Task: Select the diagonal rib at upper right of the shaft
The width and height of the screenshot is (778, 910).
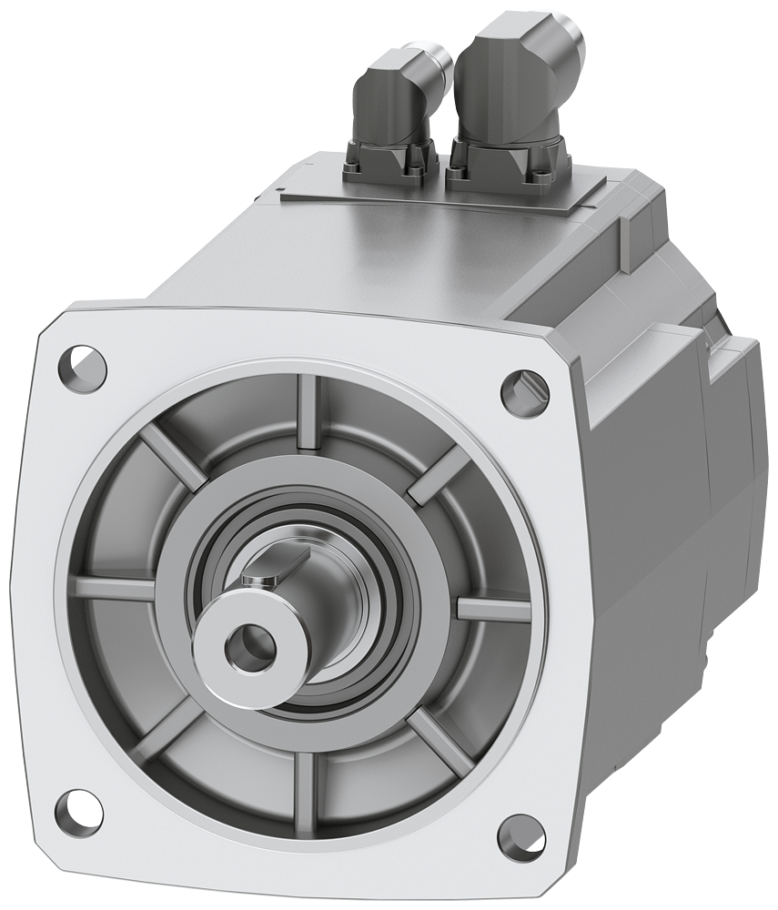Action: (x=439, y=477)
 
